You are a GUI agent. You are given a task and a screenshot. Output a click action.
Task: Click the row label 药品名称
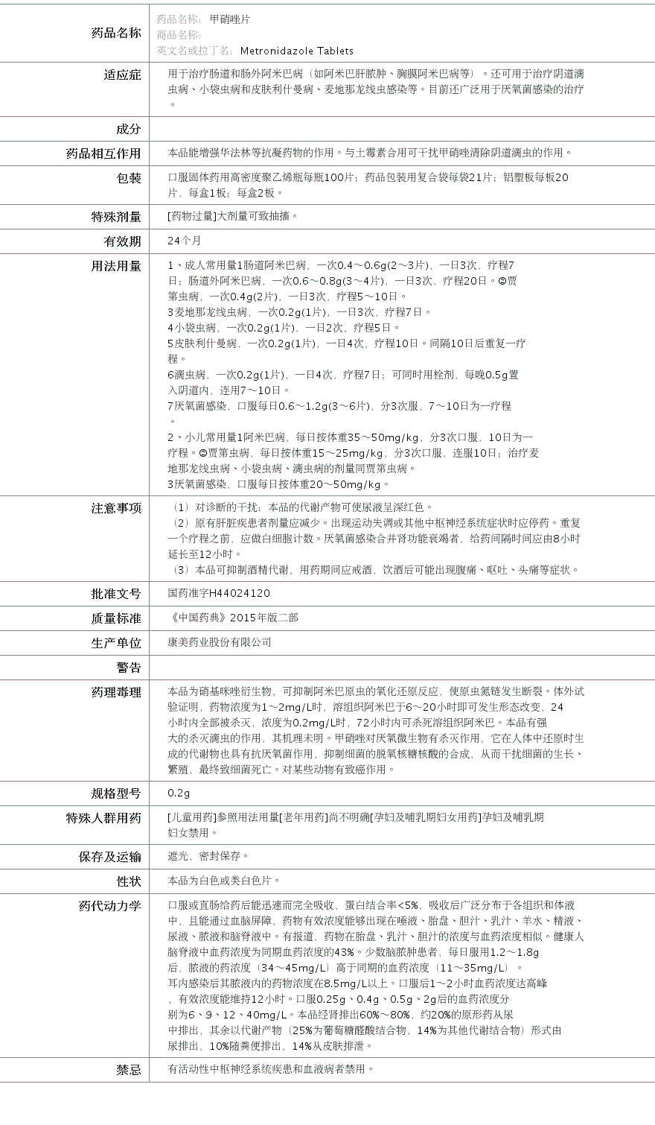(115, 33)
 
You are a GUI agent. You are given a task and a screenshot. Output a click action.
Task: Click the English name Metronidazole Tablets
(296, 51)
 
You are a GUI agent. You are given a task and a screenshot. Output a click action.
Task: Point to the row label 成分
(128, 129)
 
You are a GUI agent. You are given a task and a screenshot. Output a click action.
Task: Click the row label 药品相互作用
(103, 153)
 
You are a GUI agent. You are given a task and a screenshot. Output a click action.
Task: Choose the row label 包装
(128, 178)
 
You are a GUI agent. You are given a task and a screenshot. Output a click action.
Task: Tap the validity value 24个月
(185, 241)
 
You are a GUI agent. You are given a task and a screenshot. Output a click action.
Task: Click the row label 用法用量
(115, 266)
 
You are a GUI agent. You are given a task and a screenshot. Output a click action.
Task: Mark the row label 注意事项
(115, 508)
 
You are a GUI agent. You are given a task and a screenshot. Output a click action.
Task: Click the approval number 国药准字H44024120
(219, 593)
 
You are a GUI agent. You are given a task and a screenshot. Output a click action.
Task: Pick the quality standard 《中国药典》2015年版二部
(233, 618)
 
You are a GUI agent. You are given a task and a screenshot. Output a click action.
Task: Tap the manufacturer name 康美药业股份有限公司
(220, 642)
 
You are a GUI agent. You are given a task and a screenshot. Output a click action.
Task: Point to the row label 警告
(128, 668)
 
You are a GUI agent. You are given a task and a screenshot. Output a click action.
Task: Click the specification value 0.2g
(179, 793)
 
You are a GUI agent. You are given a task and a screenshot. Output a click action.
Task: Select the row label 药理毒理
(115, 692)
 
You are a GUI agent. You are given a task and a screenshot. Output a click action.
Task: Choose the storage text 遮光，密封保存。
(209, 856)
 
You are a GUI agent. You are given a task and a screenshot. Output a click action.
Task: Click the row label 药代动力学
(109, 906)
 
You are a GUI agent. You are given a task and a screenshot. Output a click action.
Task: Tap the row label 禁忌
(128, 1070)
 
